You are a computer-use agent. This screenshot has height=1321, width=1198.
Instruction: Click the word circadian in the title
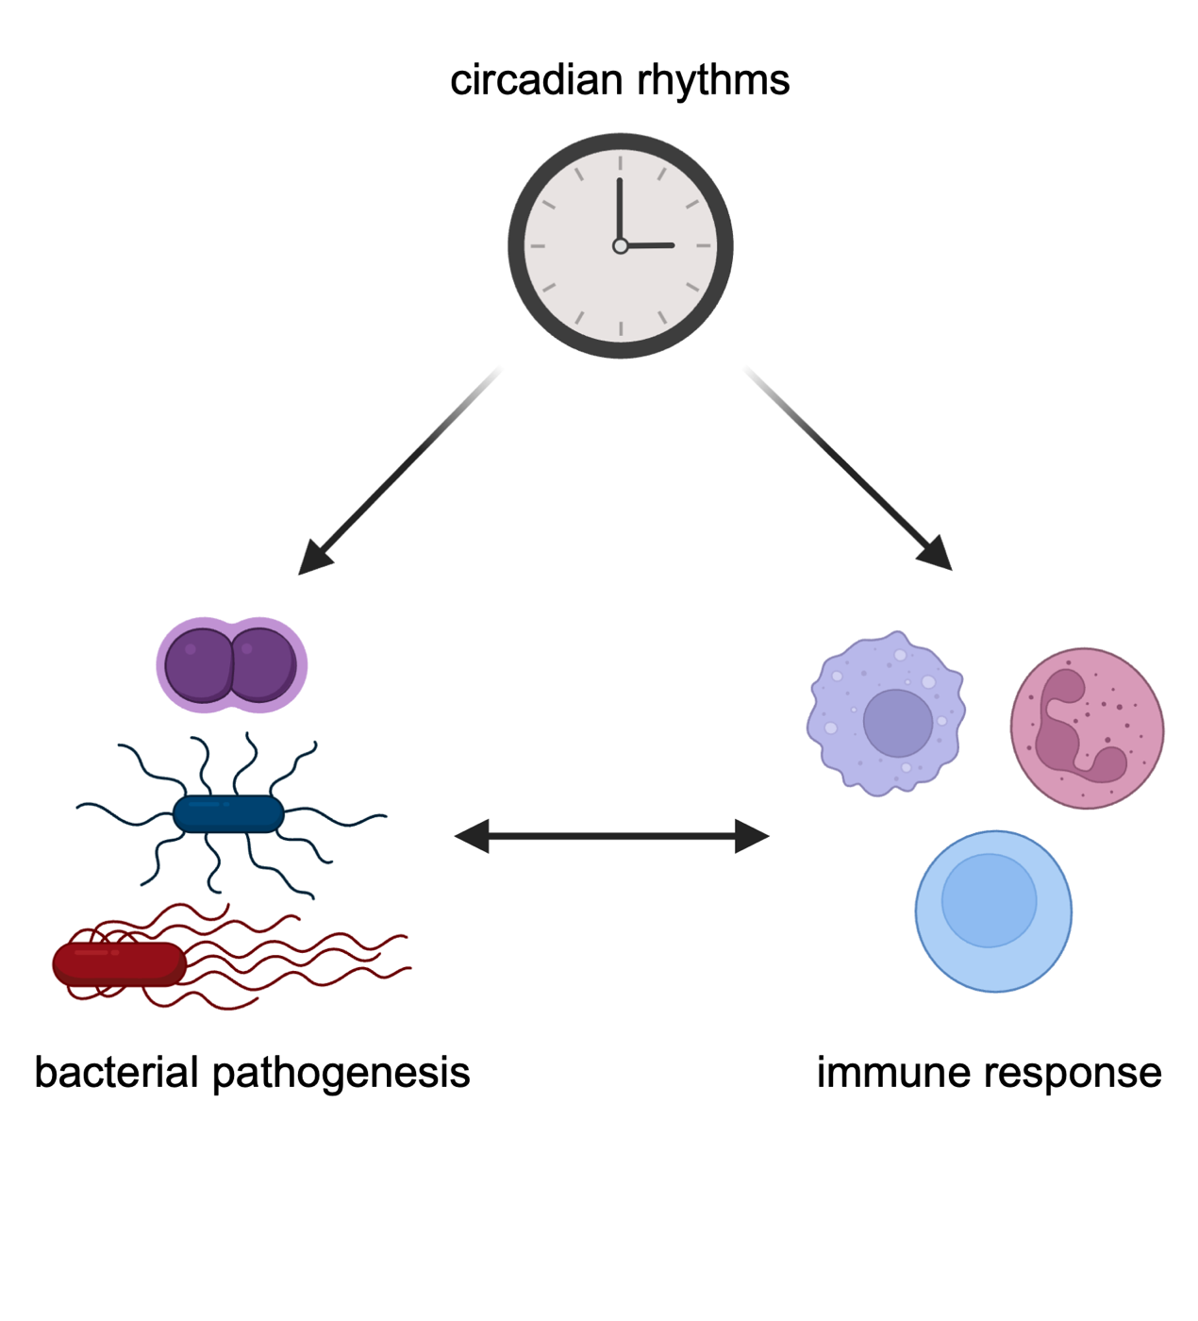[x=536, y=79]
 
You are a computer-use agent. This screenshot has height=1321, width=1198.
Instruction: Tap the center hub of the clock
[x=621, y=245]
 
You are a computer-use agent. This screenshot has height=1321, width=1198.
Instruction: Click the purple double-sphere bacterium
[x=232, y=665]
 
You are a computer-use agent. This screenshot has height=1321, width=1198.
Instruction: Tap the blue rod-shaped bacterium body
[x=228, y=814]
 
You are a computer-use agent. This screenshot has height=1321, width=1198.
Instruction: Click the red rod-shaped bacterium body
[x=119, y=964]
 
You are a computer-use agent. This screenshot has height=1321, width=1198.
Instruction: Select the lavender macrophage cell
[x=886, y=713]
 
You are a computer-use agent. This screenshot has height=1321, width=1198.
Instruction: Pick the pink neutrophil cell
[x=1088, y=728]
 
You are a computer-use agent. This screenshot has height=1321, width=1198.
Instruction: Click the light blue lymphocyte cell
[x=994, y=911]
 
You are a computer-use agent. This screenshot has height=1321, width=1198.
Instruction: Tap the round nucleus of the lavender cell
[x=898, y=723]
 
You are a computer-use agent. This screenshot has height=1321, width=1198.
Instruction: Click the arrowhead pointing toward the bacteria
[x=315, y=557]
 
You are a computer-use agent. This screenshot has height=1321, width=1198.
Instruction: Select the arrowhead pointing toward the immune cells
[x=935, y=552]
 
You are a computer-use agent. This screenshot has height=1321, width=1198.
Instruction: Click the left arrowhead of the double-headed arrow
[x=472, y=836]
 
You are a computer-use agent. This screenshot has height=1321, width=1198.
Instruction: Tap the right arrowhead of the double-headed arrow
[x=752, y=836]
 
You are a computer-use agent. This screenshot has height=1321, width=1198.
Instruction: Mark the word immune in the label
[x=893, y=1073]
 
